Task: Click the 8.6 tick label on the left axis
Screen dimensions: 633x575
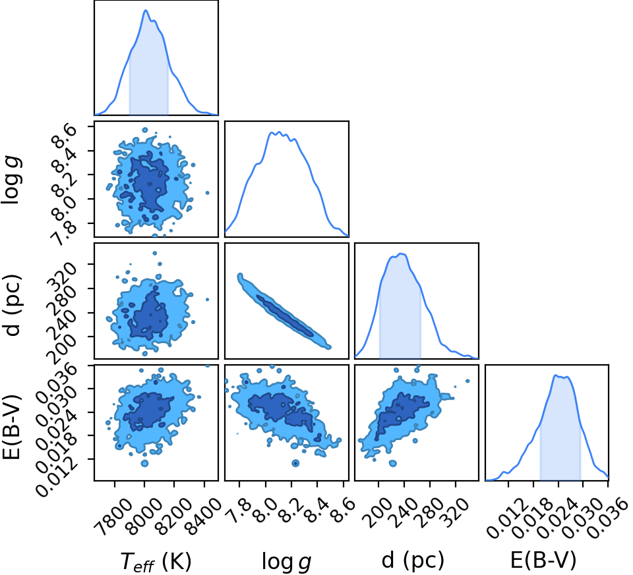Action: [x=63, y=137]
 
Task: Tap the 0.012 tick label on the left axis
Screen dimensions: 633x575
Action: [x=56, y=477]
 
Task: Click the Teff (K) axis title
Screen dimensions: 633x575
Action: [x=156, y=561]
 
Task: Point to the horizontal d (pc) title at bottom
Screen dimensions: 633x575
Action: [x=413, y=561]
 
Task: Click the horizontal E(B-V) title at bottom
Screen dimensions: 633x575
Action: [x=543, y=561]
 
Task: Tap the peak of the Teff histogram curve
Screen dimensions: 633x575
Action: [x=146, y=10]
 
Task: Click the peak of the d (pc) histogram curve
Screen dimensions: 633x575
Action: [x=401, y=254]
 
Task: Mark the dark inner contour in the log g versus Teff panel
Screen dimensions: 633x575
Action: [x=146, y=181]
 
